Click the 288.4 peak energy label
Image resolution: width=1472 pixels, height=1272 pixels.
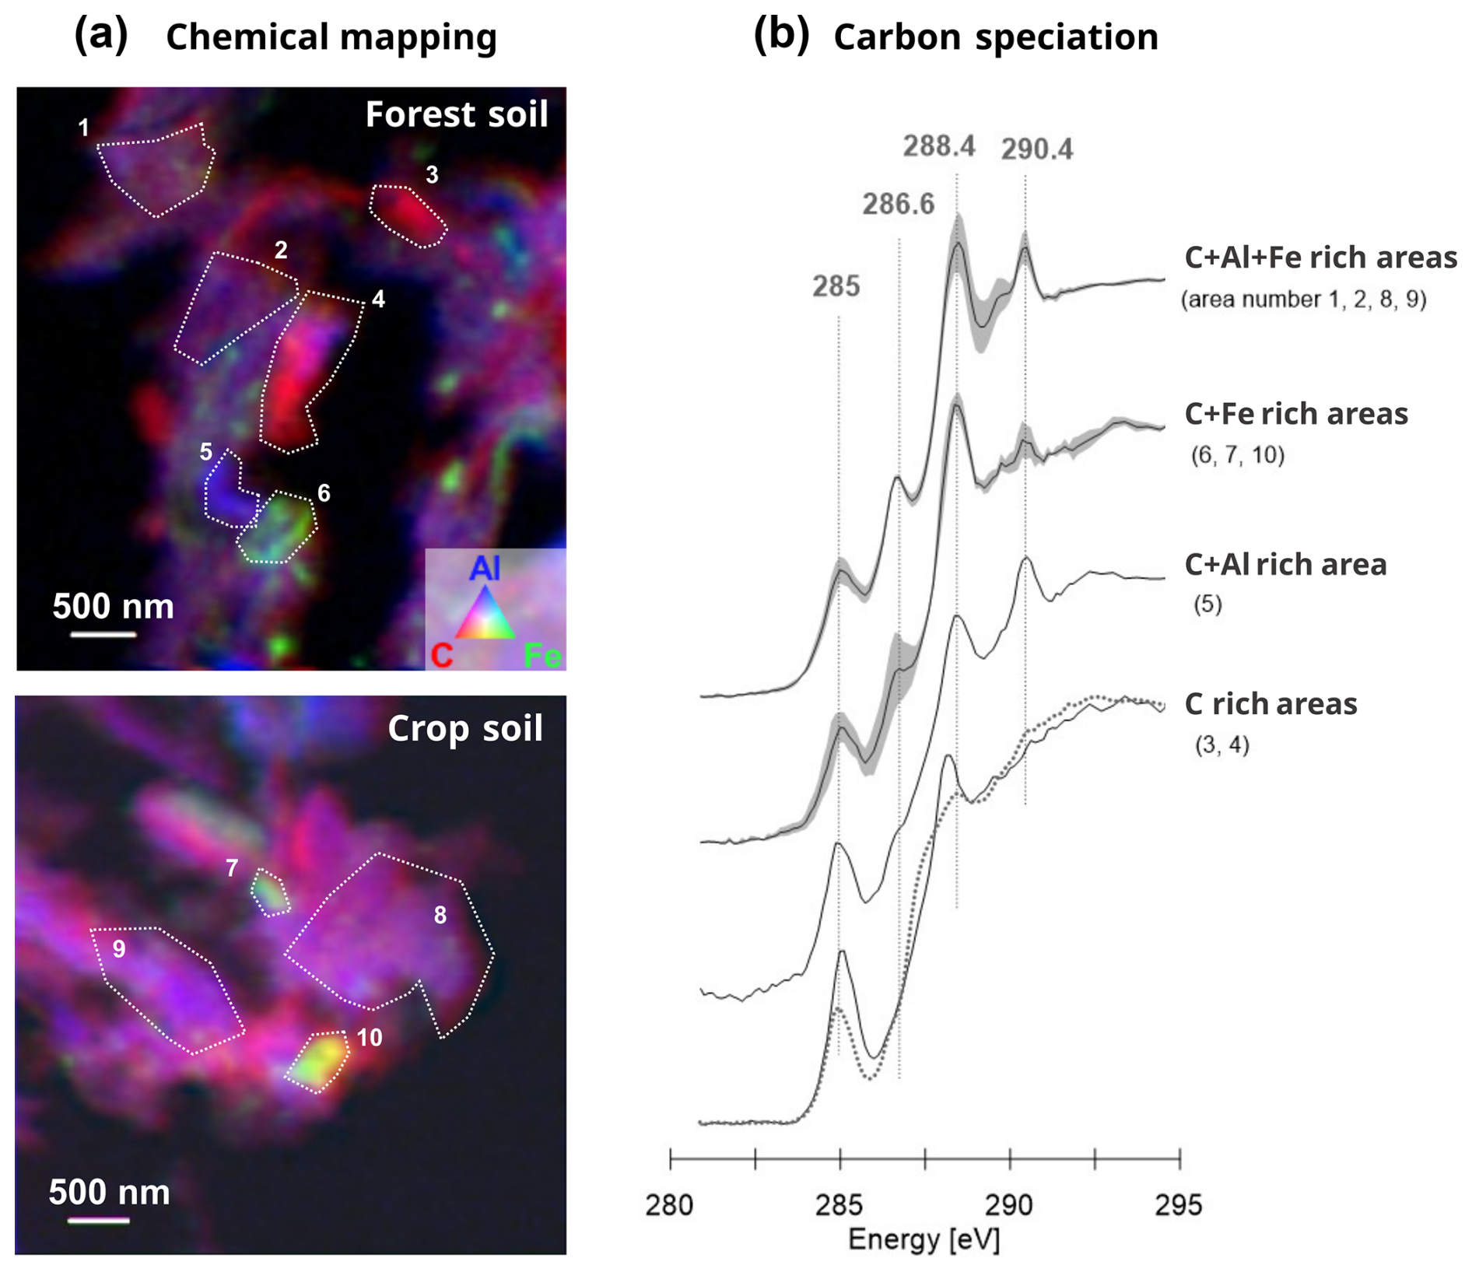[x=938, y=145]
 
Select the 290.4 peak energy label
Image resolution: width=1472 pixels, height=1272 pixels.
[x=1036, y=149]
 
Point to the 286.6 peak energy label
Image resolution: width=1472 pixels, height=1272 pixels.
[x=898, y=204]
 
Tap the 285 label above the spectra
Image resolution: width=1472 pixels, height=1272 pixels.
[x=836, y=286]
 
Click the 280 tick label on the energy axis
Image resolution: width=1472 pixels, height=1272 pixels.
[x=669, y=1205]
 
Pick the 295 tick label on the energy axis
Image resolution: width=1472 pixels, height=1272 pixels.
[x=1179, y=1205]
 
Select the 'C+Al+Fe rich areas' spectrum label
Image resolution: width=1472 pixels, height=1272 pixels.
[x=1320, y=258]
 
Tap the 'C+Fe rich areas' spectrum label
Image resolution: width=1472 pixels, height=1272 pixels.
[x=1295, y=414]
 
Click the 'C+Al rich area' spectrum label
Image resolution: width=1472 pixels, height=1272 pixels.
[x=1285, y=565]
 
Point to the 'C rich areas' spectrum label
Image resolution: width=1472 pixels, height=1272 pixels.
[x=1270, y=704]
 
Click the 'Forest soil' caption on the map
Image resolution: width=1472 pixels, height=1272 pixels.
[x=457, y=114]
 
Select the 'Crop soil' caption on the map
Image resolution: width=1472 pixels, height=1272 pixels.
[x=464, y=729]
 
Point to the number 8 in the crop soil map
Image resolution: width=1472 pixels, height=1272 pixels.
[x=440, y=916]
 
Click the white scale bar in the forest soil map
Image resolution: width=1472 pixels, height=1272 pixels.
[x=103, y=635]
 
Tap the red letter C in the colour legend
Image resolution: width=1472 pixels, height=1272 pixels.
[x=441, y=656]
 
